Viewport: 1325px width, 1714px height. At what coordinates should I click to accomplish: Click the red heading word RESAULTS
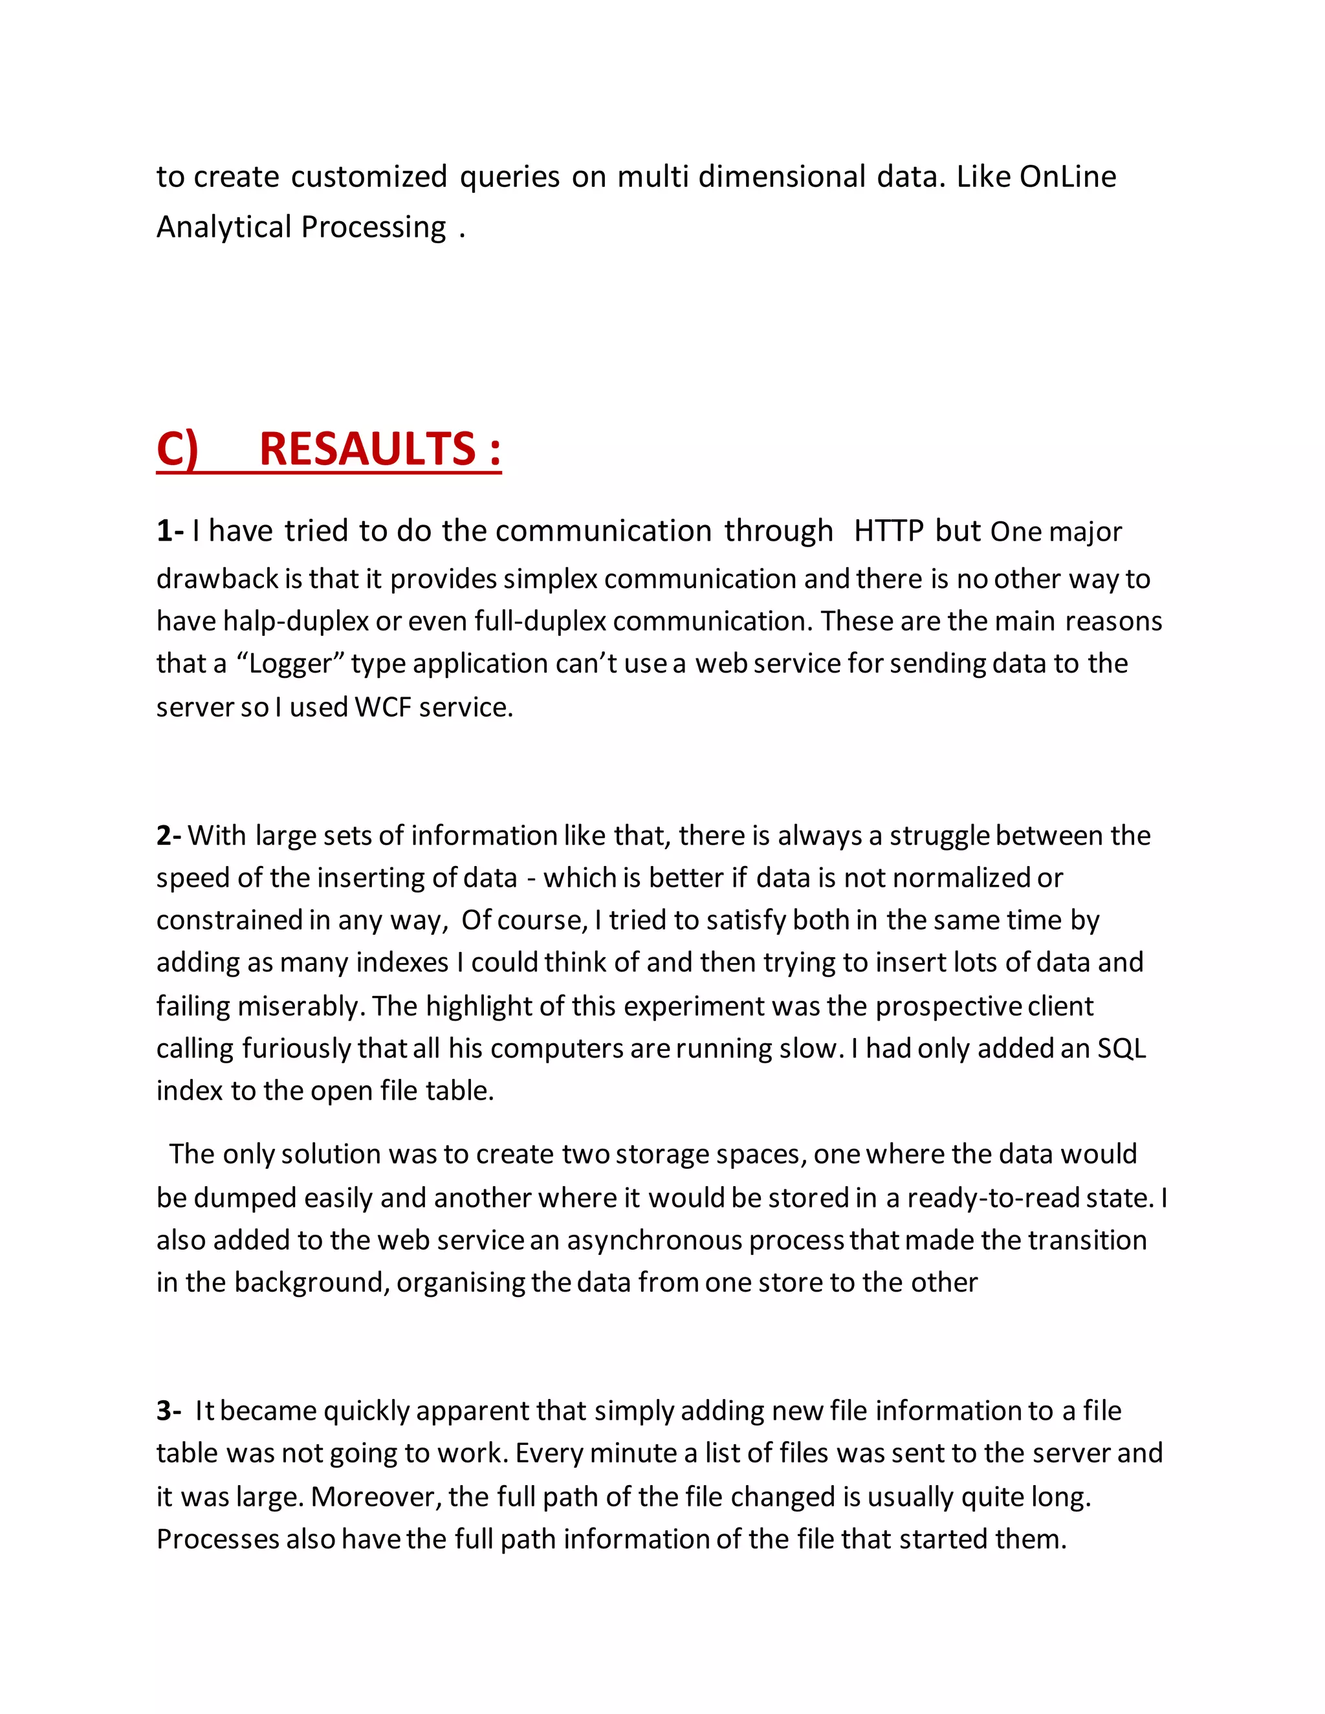pyautogui.click(x=367, y=450)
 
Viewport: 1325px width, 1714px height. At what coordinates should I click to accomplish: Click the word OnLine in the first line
pyautogui.click(x=1068, y=177)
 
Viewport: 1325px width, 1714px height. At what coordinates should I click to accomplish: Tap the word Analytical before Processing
pyautogui.click(x=224, y=227)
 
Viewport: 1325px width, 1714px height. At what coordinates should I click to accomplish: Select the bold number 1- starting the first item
pyautogui.click(x=170, y=531)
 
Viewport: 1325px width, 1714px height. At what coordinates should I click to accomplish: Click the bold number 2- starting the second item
pyautogui.click(x=169, y=836)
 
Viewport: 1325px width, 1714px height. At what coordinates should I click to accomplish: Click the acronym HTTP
pyautogui.click(x=888, y=531)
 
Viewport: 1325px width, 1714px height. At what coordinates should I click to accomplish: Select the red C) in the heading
pyautogui.click(x=177, y=450)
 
